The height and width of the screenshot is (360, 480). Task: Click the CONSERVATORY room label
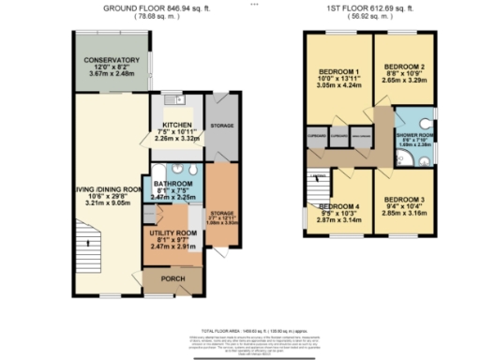(x=112, y=61)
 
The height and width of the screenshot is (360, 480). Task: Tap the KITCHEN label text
(x=176, y=125)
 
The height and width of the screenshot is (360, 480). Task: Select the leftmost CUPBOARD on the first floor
(x=316, y=138)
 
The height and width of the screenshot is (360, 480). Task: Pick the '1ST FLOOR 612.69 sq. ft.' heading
(x=370, y=7)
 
